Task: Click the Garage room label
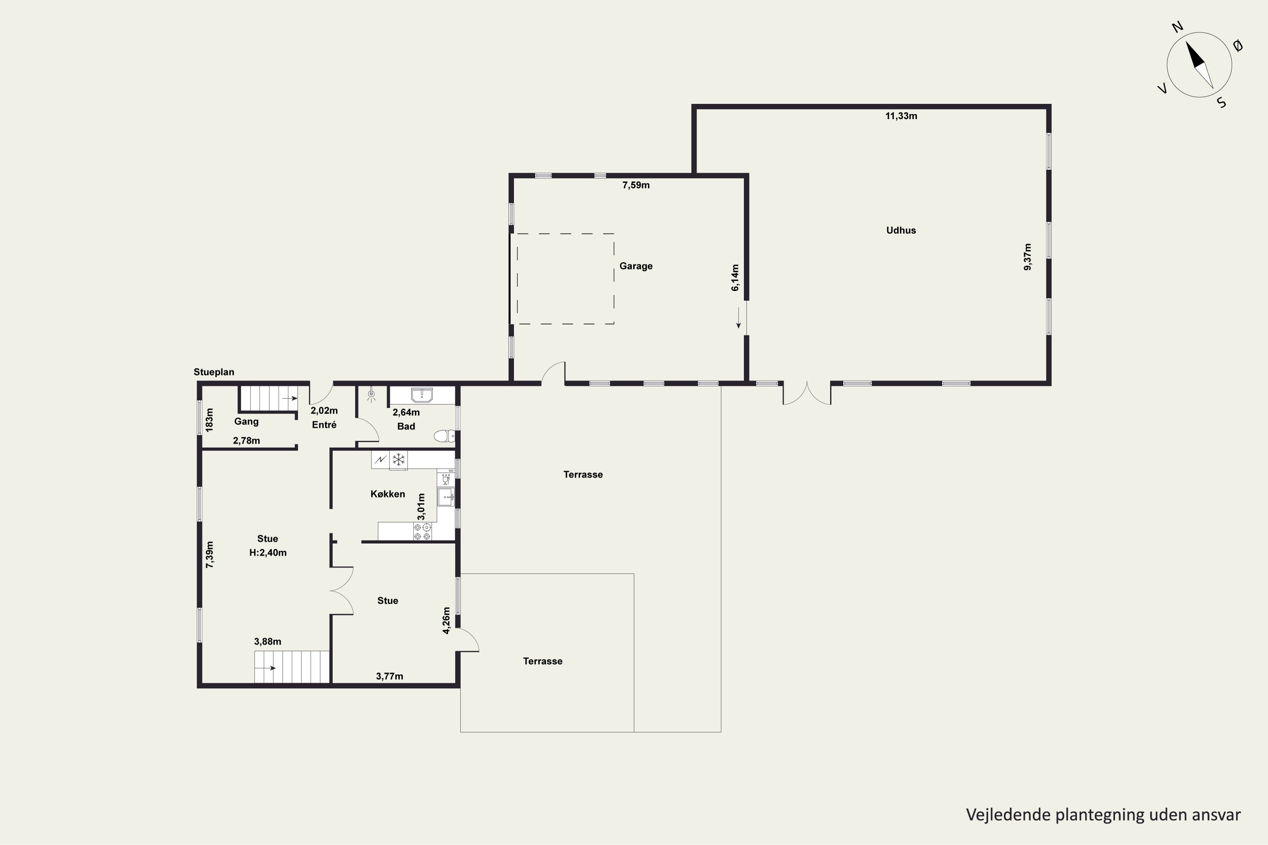point(636,266)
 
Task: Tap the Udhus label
point(901,230)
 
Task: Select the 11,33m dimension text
point(901,116)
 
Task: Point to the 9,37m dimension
point(1028,257)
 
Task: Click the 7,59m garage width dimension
point(636,185)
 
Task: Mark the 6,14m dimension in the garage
point(735,278)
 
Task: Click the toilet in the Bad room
point(445,436)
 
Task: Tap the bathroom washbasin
point(421,395)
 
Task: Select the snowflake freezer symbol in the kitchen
point(399,460)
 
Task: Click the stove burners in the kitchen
point(422,532)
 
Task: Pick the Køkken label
point(388,494)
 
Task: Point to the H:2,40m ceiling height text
point(268,552)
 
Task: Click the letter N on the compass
point(1178,42)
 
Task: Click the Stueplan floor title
point(214,372)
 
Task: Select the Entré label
point(324,425)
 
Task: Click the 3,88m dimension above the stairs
point(268,641)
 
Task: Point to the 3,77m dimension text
point(389,676)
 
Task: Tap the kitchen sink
point(446,497)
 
